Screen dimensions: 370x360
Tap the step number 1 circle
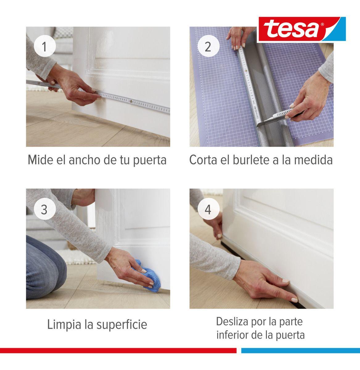pos(44,47)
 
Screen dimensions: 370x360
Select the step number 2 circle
pos(208,47)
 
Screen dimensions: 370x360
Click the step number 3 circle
pos(44,210)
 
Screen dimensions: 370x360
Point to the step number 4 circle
pos(208,210)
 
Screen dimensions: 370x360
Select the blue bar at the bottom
pos(300,351)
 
